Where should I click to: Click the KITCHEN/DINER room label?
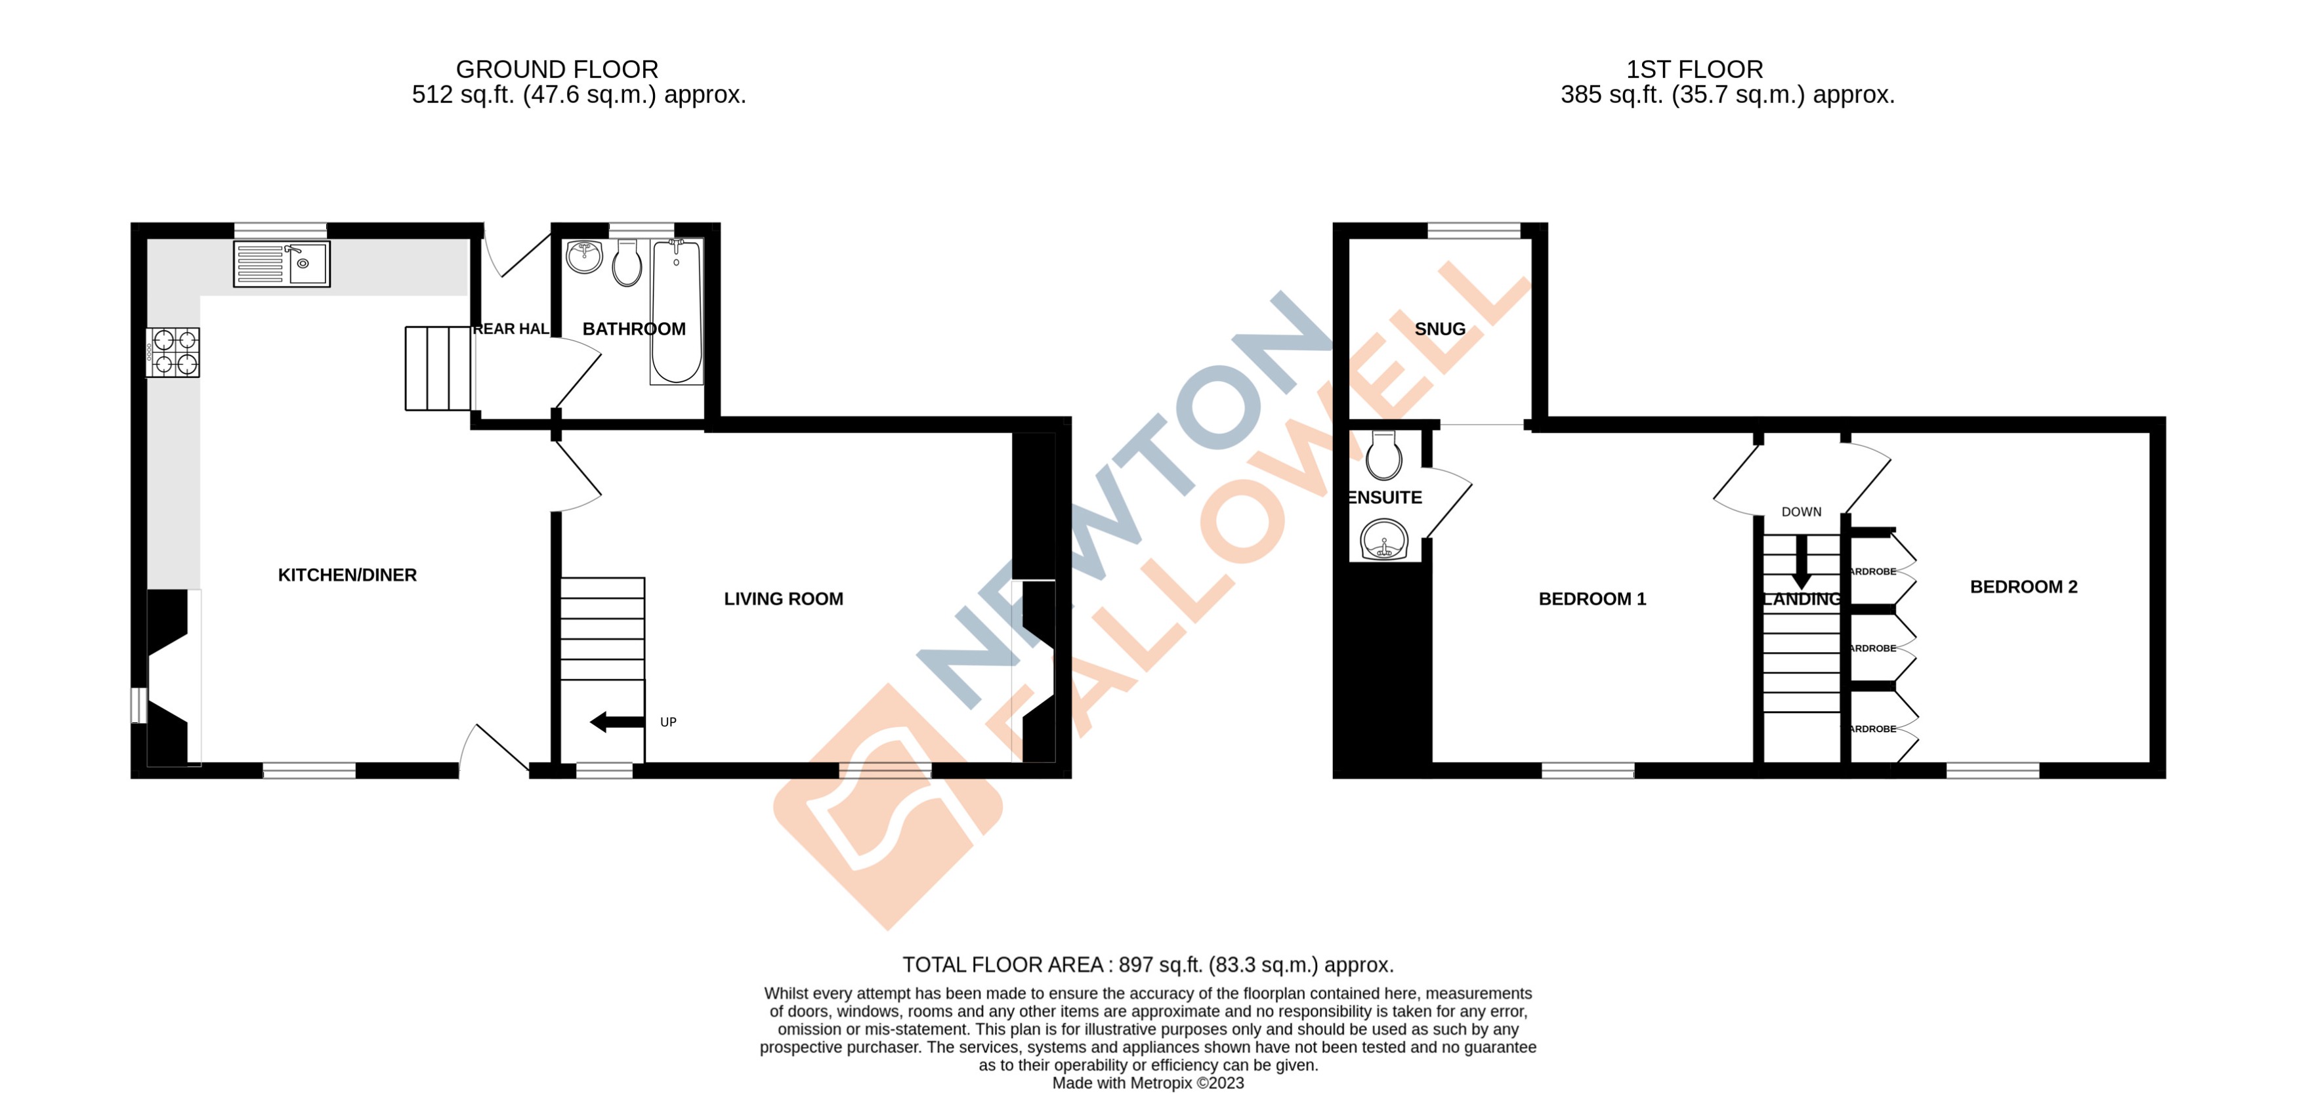347,575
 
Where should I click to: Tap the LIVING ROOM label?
783,599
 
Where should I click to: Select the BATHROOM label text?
634,329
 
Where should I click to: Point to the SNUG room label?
1439,329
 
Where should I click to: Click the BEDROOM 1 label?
1591,599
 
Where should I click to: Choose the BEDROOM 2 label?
2023,587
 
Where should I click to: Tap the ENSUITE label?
1385,497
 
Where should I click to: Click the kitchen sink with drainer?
282,264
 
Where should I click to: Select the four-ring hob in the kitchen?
174,352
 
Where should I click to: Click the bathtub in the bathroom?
676,312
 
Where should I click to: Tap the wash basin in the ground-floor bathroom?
584,256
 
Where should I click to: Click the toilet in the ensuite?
1384,457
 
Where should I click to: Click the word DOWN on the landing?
1802,512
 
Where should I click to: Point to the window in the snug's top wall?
1473,231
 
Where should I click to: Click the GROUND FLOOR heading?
557,70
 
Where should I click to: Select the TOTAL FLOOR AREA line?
1148,964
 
